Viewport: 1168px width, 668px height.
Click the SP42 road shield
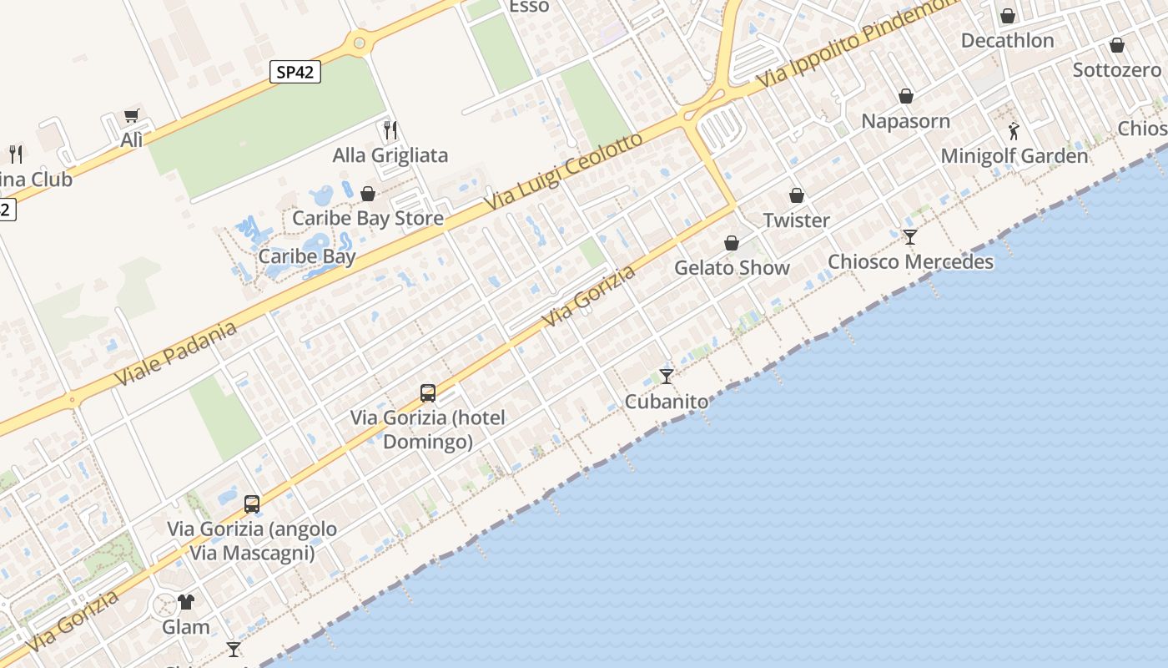coord(295,72)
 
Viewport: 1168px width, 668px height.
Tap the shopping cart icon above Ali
coord(131,115)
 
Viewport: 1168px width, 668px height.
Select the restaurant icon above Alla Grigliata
coord(390,130)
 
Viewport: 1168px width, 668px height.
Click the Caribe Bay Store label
coord(367,218)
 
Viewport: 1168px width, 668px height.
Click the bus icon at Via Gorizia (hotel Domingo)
coord(428,392)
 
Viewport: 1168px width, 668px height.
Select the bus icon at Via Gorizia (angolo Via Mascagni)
coord(252,504)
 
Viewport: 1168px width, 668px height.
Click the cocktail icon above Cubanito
coord(667,376)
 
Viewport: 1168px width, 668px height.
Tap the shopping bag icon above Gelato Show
coord(732,243)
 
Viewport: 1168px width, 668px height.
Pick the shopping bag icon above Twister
coord(797,195)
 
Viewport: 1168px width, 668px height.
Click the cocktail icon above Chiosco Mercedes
coord(910,237)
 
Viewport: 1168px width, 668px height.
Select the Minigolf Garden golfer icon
coord(1014,131)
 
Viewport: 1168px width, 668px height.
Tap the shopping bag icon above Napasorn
coord(906,96)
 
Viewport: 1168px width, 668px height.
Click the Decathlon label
coord(1007,40)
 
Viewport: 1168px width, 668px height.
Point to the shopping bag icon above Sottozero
coord(1117,45)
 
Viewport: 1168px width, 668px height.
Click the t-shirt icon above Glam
coord(185,601)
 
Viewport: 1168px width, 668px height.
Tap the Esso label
coord(529,7)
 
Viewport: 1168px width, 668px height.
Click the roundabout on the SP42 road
coord(360,41)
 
